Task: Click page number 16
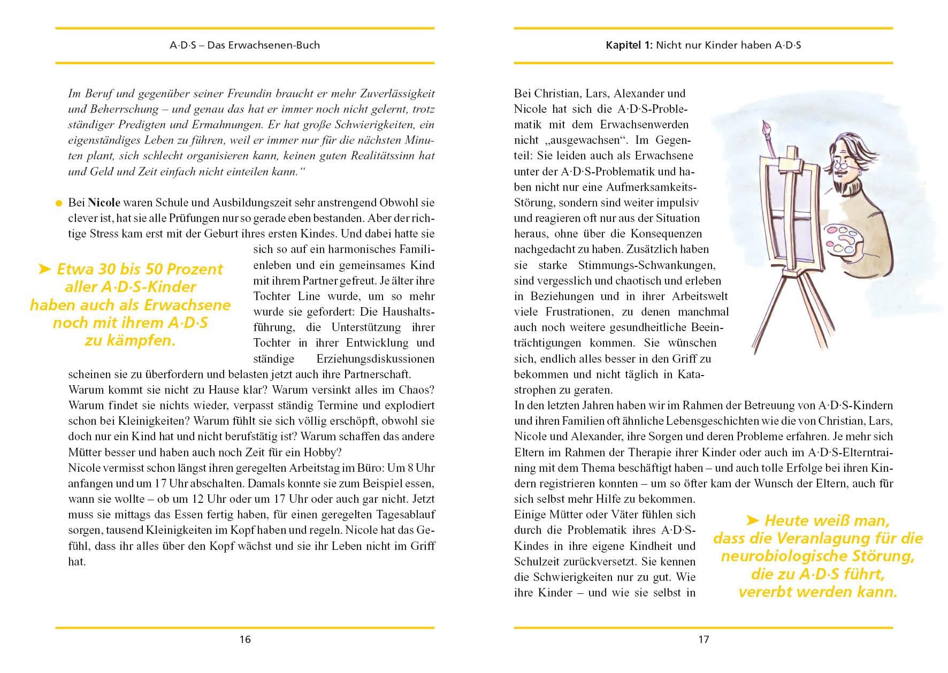tap(245, 639)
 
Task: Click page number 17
tap(704, 639)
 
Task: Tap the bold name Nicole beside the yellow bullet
tap(104, 203)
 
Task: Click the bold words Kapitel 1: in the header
tap(629, 45)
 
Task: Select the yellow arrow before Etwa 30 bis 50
tap(45, 269)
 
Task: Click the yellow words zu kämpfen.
tap(130, 341)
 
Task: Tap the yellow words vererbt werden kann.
tap(817, 592)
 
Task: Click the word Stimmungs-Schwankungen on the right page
tap(646, 265)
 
